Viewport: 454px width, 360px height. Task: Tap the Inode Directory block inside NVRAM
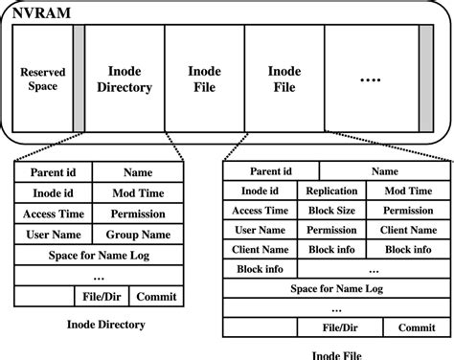124,79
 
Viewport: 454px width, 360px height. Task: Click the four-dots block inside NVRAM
370,79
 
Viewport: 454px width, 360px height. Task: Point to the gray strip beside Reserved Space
78,79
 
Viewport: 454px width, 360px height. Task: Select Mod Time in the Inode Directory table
137,192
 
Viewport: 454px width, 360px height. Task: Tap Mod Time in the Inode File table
408,191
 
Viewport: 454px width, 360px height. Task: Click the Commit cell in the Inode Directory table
154,297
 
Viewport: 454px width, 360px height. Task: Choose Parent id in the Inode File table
271,170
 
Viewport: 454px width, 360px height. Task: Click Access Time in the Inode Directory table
53,214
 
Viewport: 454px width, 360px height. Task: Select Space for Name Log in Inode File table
336,289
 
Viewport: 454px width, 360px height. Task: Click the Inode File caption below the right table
336,353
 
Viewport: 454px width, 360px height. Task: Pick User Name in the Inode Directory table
53,235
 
